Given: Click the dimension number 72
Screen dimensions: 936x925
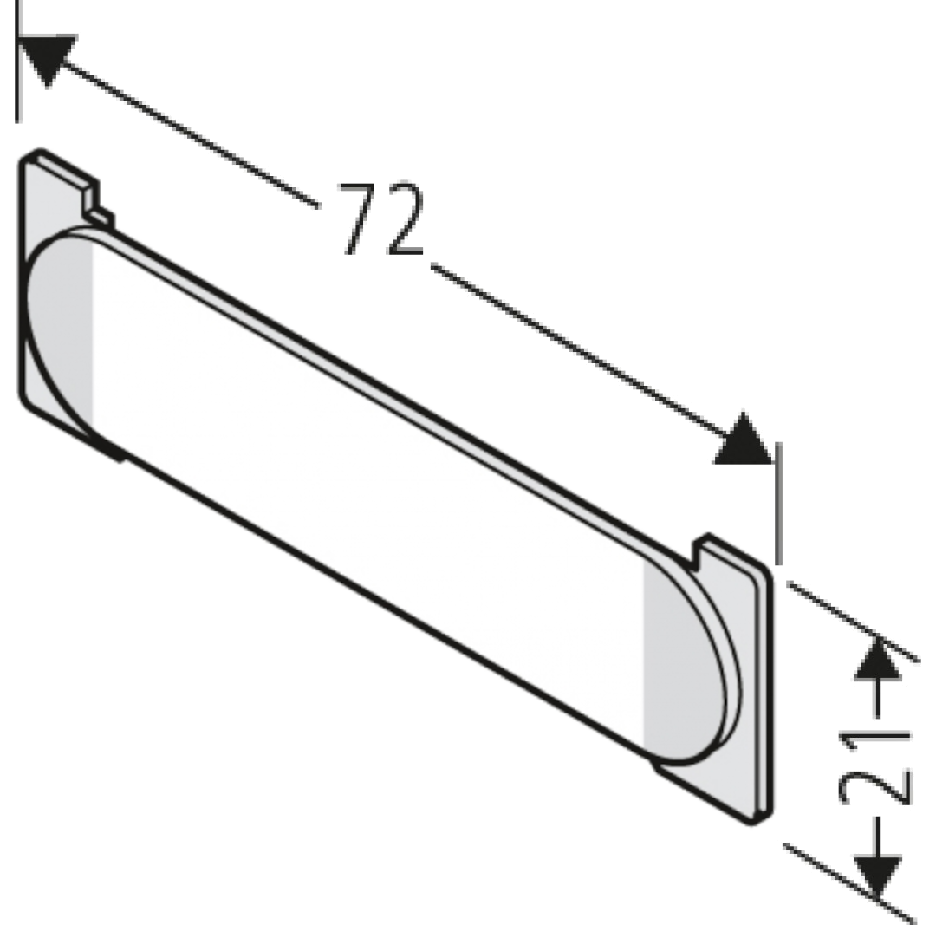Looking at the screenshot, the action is (382, 218).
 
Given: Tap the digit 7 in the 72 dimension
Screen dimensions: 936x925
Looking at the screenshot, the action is (358, 218).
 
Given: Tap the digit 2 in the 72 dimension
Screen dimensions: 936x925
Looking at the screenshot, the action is (404, 218).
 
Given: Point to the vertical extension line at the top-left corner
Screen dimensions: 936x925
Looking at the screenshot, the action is (18, 62).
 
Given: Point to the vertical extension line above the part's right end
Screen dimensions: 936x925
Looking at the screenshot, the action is (777, 503).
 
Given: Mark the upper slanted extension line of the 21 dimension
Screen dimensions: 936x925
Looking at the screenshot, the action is (853, 621).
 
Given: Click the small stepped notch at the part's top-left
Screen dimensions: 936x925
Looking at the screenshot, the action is (95, 203).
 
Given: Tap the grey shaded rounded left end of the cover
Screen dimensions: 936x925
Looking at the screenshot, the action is (60, 335).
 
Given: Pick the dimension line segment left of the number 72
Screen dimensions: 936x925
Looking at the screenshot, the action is (191, 135).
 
